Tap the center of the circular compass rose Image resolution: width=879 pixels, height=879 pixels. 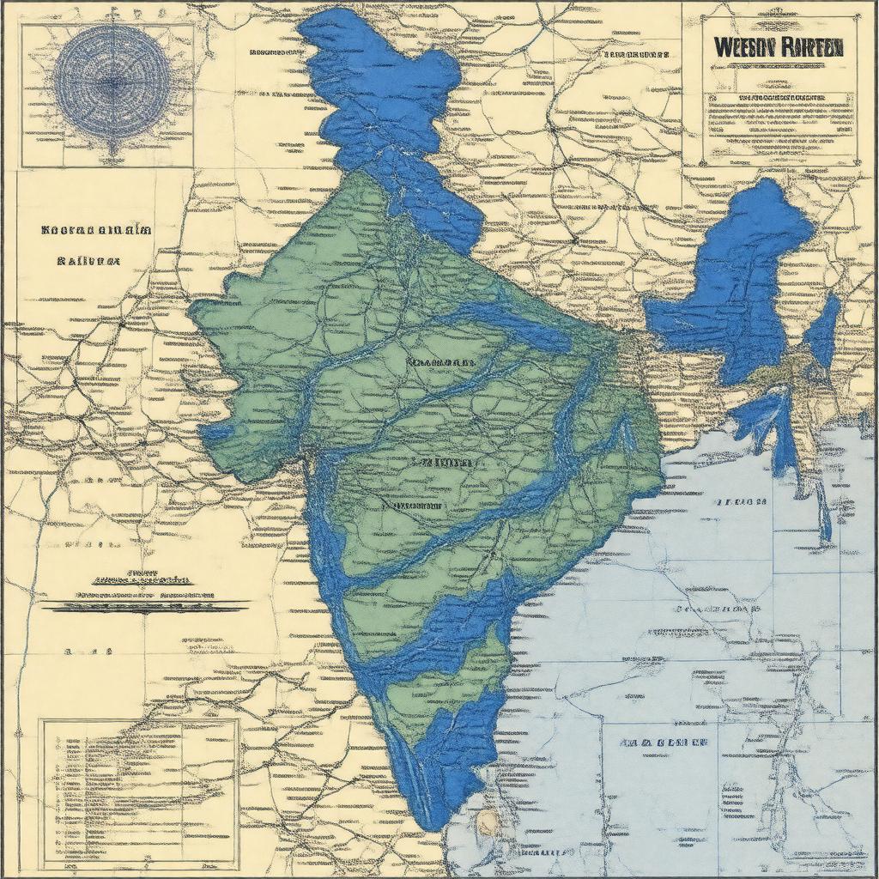coord(112,82)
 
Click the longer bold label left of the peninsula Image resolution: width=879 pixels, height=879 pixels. coord(96,230)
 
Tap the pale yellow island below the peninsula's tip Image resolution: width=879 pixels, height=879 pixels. coord(487,822)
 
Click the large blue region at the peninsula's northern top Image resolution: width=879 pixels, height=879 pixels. coord(386,103)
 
